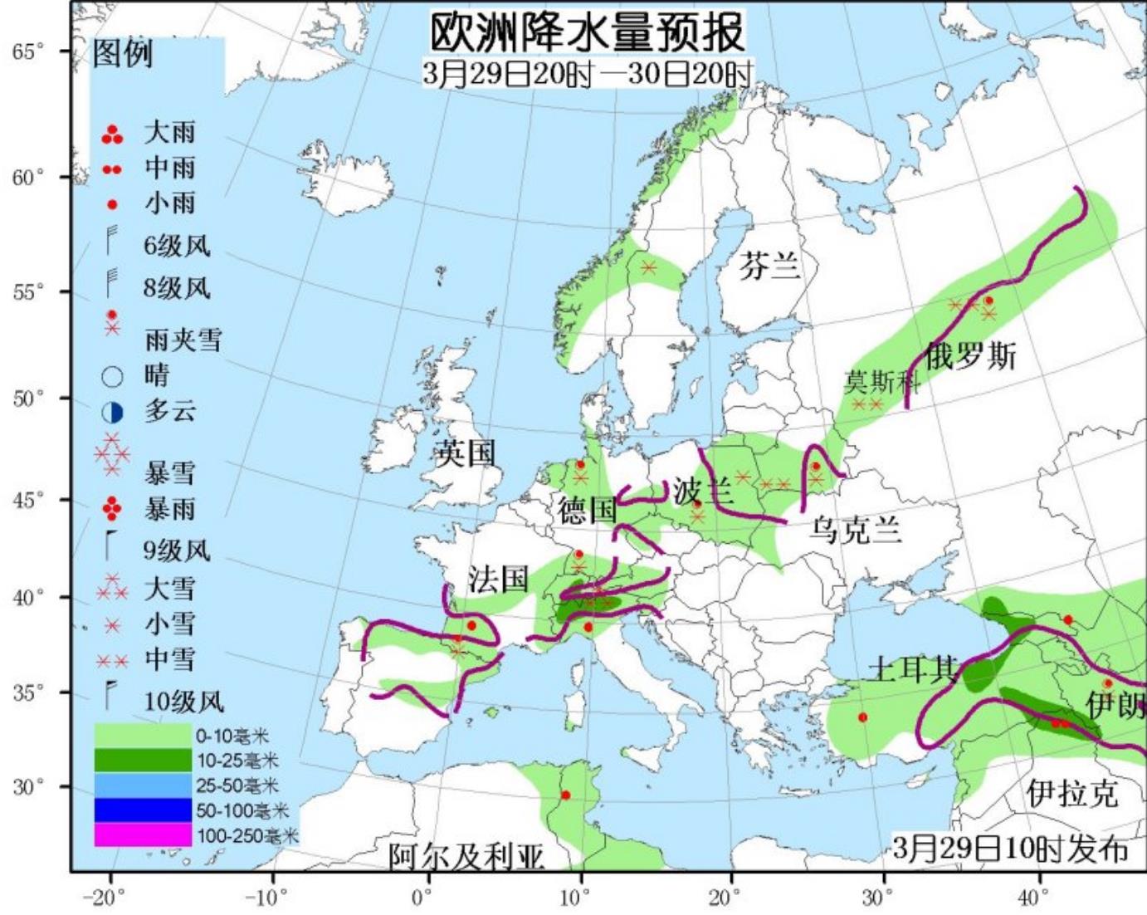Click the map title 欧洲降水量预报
click(587, 32)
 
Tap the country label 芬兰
click(769, 266)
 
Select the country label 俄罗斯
click(970, 356)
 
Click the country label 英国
click(466, 453)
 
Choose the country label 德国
click(588, 510)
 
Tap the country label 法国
click(498, 579)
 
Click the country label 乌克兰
click(855, 530)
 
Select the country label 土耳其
click(913, 668)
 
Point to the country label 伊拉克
click(1072, 794)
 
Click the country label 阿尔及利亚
click(466, 856)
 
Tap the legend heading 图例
click(123, 54)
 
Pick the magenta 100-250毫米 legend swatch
click(143, 834)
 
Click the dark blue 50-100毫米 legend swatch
click(143, 810)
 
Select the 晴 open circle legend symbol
click(112, 376)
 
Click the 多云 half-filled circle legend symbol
click(112, 412)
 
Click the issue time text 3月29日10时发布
click(1010, 849)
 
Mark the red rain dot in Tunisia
click(565, 795)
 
